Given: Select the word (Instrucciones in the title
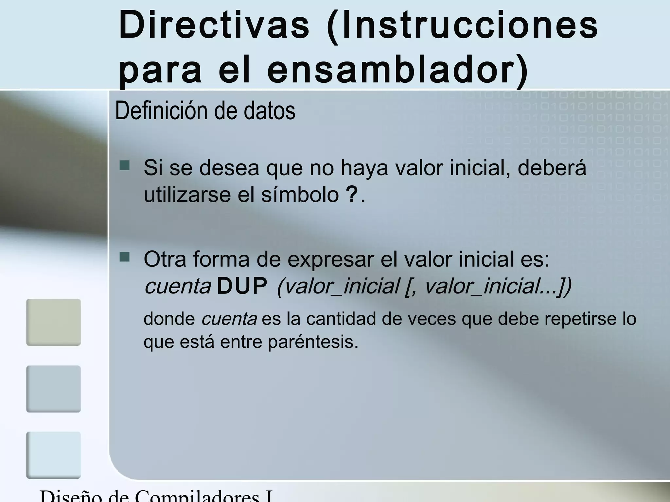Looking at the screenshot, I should (x=462, y=25).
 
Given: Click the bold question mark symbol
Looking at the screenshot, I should (x=352, y=195).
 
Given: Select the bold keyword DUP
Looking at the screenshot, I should (x=242, y=287).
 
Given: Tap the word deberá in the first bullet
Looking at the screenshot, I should (x=552, y=168).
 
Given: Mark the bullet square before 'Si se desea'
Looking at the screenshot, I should (x=125, y=166).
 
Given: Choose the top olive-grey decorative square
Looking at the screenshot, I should (x=53, y=322).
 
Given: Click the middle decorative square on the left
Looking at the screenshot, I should (x=53, y=389).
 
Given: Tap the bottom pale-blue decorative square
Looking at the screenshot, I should (x=53, y=455).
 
